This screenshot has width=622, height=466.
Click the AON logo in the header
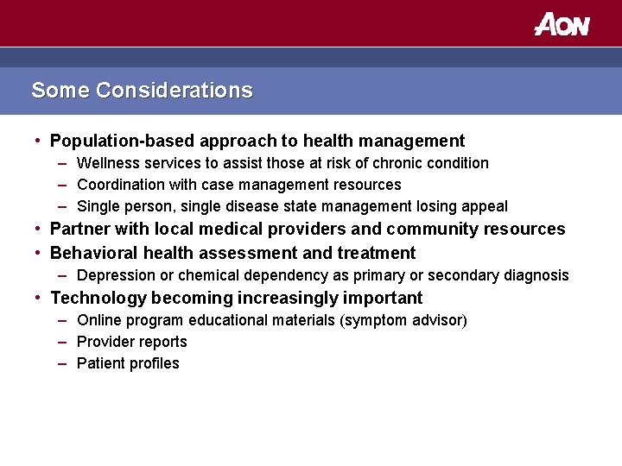(562, 24)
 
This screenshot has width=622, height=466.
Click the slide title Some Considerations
(142, 91)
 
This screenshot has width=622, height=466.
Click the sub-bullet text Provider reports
(131, 342)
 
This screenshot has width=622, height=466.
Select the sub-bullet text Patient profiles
(128, 363)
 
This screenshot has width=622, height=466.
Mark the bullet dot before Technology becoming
(40, 298)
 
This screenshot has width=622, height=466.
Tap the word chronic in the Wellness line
(397, 163)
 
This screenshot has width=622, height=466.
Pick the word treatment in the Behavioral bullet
(378, 253)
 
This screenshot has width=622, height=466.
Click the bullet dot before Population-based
(40, 141)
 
